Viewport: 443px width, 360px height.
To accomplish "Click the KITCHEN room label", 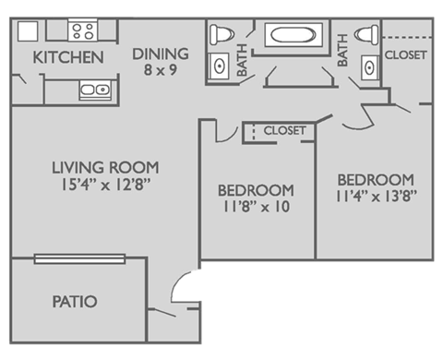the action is [68, 57].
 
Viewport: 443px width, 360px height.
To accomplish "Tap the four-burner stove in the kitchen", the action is [82, 31].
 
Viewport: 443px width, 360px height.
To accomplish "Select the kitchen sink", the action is [94, 90].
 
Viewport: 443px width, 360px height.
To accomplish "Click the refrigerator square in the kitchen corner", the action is [28, 30].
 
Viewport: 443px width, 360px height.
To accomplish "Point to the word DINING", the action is [161, 53].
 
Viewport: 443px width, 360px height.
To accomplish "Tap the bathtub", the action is [292, 37].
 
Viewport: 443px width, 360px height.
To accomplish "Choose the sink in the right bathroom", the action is [368, 66].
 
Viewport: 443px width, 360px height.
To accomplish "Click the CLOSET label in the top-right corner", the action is [405, 54].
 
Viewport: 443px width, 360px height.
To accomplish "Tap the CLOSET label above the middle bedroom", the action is [283, 131].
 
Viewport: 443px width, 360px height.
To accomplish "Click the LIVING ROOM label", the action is [105, 167].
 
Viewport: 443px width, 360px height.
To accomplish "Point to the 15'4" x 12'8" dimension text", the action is [105, 184].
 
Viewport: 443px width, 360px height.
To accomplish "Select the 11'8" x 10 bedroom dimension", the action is [255, 207].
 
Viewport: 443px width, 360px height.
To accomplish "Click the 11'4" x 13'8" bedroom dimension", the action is [374, 196].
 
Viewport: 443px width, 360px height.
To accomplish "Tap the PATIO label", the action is [75, 301].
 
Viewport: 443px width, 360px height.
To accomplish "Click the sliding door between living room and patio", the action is [78, 258].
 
